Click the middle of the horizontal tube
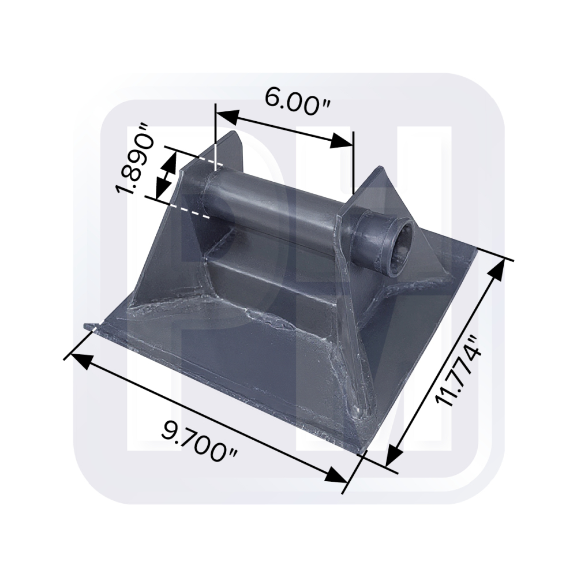tap(277, 208)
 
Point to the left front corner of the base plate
tap(88, 327)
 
